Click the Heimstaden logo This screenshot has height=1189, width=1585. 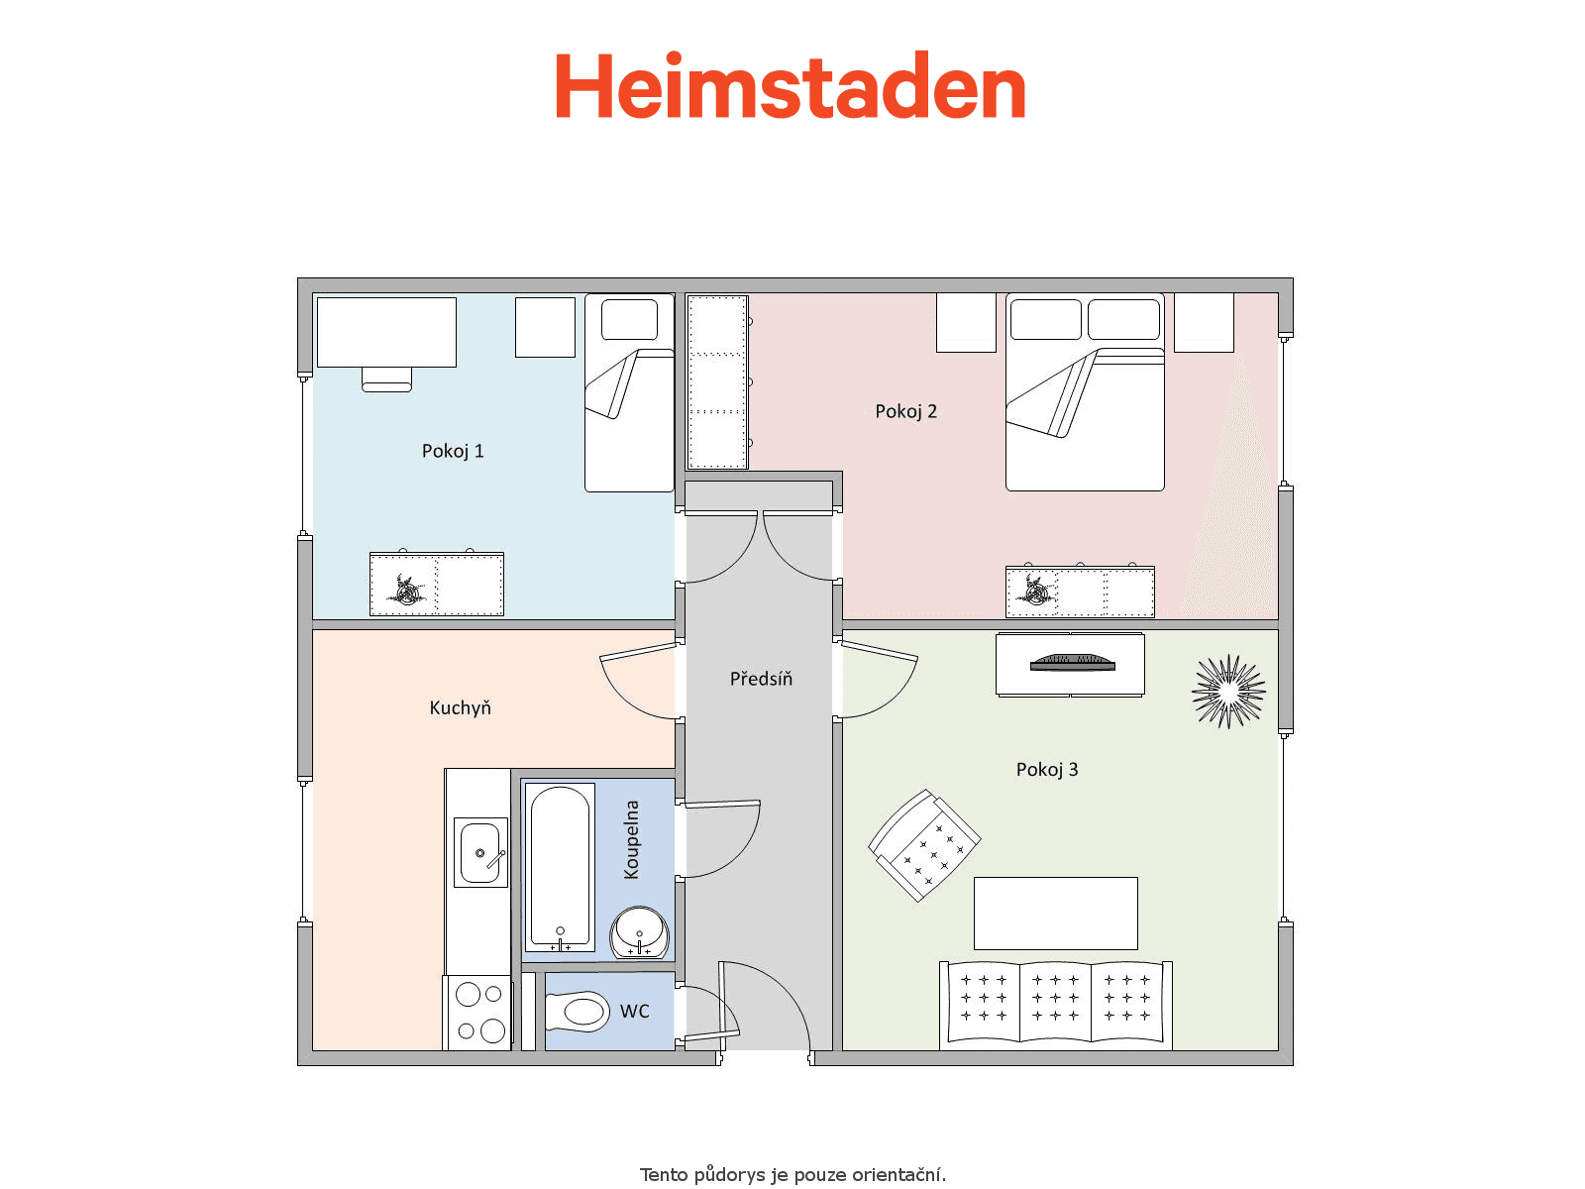click(790, 85)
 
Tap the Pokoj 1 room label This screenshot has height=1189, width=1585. click(453, 451)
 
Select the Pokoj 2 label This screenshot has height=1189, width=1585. click(905, 411)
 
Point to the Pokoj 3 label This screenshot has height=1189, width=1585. click(1047, 770)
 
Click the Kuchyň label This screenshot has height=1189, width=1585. click(460, 707)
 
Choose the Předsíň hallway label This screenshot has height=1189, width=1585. click(761, 678)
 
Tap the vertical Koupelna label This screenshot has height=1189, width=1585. click(631, 839)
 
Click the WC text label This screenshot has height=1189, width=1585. click(635, 1012)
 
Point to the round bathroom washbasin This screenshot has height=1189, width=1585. click(640, 932)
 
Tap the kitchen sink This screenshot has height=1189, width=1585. click(480, 852)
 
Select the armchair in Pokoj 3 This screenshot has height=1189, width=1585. click(924, 845)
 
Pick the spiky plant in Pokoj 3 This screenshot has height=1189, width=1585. click(1228, 691)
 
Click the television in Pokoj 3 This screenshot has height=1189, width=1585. click(1072, 662)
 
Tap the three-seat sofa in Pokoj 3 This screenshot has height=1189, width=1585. click(1056, 1005)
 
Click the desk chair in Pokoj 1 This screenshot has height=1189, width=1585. click(386, 379)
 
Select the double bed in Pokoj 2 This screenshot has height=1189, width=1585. click(1085, 392)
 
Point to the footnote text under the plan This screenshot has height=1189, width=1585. click(792, 1174)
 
